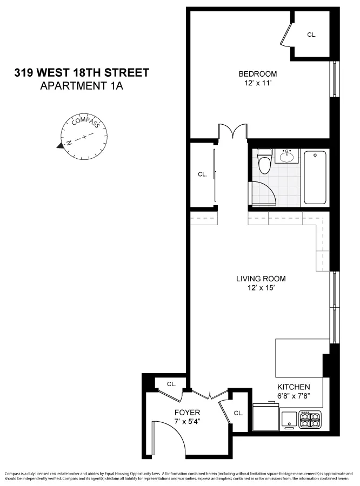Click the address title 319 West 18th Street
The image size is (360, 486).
[x=82, y=73]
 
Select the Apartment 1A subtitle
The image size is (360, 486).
[x=82, y=85]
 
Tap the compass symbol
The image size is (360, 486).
[x=85, y=137]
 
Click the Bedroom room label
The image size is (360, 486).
[x=258, y=74]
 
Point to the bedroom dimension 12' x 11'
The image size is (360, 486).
[x=258, y=83]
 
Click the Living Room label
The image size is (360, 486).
[x=261, y=279]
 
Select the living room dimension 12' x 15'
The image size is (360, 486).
[x=261, y=288]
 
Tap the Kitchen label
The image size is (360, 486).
[x=294, y=387]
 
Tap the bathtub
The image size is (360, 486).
[x=315, y=177]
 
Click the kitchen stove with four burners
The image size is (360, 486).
[x=310, y=420]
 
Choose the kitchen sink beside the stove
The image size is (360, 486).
[x=289, y=420]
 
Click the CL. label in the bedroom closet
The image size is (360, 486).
[x=311, y=35]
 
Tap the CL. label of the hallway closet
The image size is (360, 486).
[x=202, y=174]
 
